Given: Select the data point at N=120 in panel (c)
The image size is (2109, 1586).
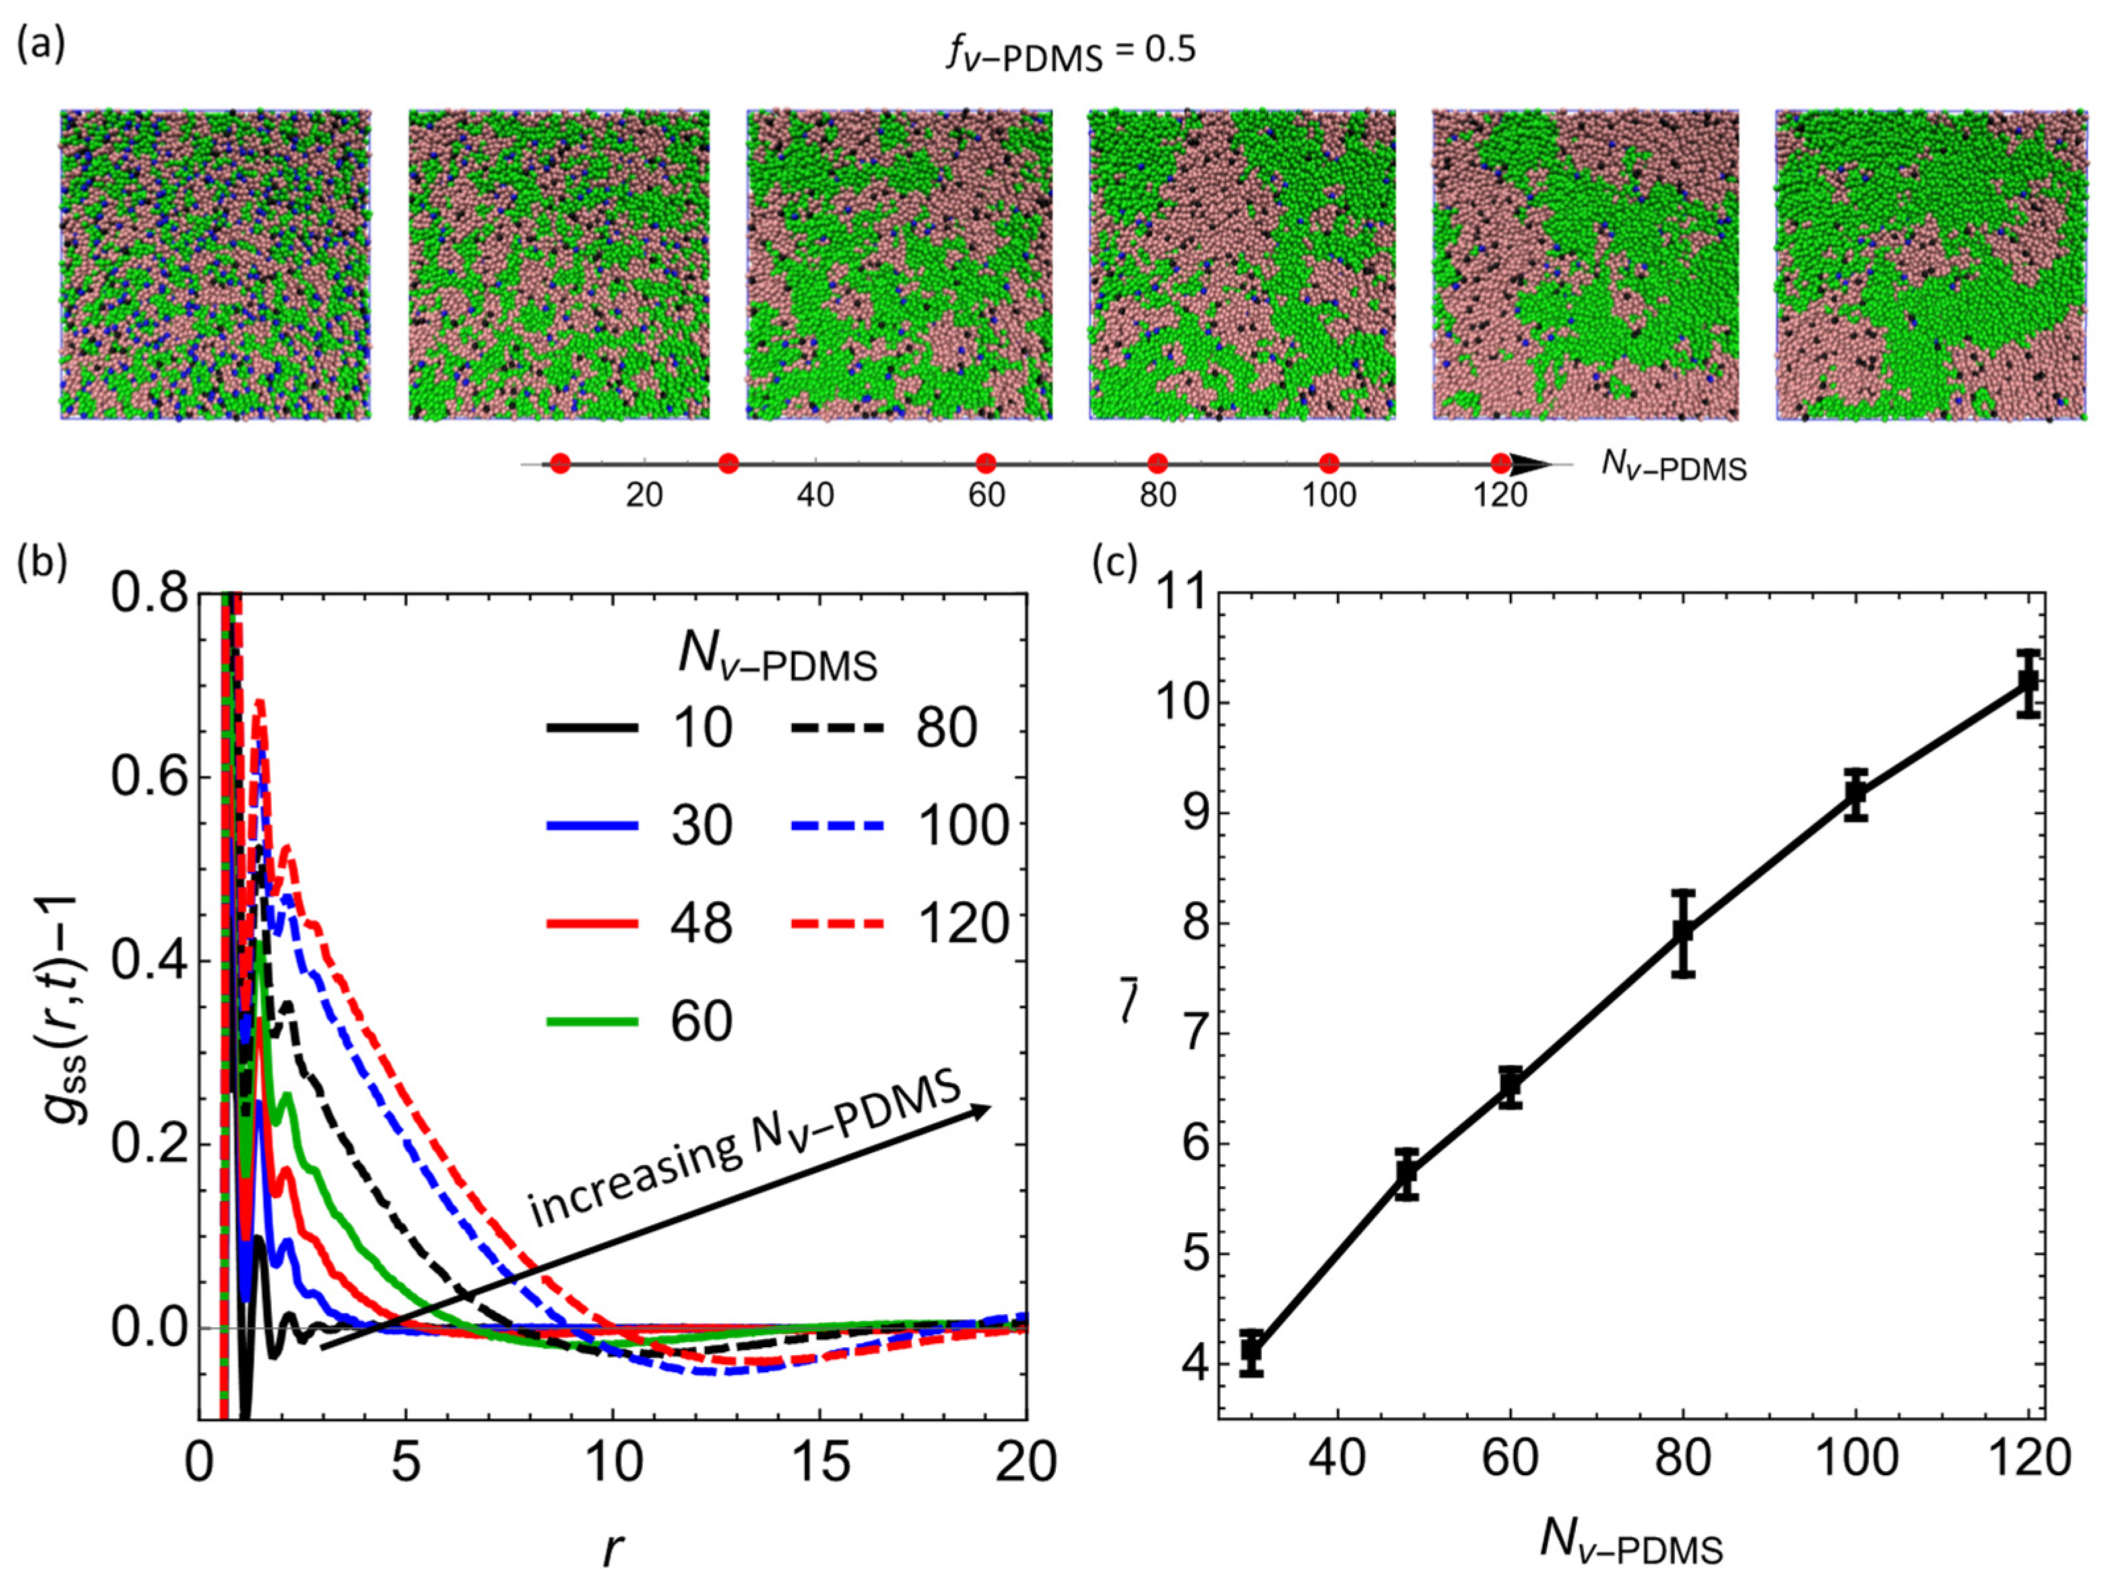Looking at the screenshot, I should click(2028, 682).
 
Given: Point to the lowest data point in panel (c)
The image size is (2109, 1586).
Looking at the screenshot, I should click(1252, 1352).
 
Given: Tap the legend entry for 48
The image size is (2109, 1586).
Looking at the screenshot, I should click(639, 922).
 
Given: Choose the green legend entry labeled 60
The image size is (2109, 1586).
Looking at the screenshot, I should click(639, 1021).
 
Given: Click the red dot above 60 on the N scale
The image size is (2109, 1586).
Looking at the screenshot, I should click(986, 464).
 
